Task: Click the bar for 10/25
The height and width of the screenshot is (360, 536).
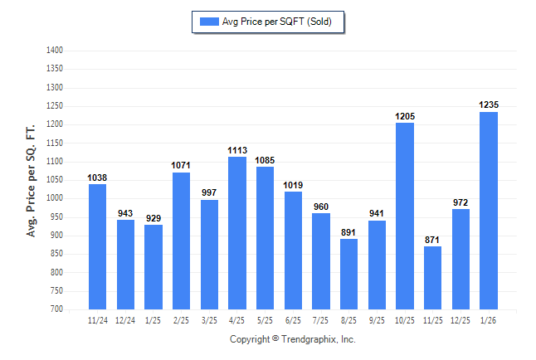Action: (x=405, y=216)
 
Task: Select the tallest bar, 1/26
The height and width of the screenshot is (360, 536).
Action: (x=489, y=211)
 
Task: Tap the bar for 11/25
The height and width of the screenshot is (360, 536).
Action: (x=433, y=278)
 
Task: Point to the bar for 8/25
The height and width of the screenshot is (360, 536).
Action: (x=349, y=274)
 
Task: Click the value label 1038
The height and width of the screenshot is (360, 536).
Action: (x=97, y=178)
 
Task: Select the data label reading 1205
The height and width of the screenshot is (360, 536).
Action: (x=405, y=116)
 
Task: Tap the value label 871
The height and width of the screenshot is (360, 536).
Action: (x=433, y=240)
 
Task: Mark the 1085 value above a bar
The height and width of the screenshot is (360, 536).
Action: (x=265, y=160)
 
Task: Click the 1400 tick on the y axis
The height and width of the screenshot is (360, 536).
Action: (x=56, y=51)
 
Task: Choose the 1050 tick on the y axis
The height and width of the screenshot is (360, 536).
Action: (x=56, y=180)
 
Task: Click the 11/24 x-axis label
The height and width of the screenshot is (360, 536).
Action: (x=97, y=320)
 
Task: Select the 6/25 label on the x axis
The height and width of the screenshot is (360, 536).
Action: (x=293, y=320)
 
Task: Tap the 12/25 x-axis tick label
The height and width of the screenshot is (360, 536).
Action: (x=460, y=320)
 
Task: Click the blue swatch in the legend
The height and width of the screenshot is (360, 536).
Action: (x=208, y=22)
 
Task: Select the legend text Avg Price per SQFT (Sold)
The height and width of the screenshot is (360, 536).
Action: (x=277, y=22)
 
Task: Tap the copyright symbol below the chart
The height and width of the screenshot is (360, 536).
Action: (x=275, y=339)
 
